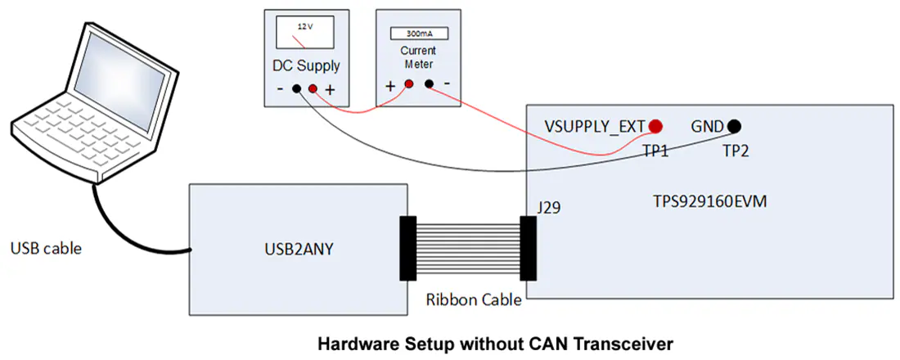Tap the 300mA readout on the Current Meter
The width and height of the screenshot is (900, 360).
click(418, 34)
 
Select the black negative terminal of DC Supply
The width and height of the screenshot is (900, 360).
click(297, 89)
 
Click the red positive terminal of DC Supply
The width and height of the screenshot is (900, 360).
click(313, 89)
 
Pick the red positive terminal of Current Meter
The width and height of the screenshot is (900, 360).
click(409, 84)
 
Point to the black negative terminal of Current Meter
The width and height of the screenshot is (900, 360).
click(428, 84)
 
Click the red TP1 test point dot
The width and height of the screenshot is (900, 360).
click(655, 126)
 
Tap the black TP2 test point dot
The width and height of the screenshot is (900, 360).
click(734, 126)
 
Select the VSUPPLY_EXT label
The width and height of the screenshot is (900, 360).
click(595, 126)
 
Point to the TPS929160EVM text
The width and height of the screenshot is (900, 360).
click(709, 201)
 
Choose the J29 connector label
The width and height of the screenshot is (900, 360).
click(549, 207)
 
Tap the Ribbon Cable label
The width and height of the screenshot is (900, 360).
click(474, 299)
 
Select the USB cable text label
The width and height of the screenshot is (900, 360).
click(46, 249)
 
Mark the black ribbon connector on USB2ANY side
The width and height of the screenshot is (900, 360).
click(407, 248)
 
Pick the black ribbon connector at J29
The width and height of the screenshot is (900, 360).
click(528, 248)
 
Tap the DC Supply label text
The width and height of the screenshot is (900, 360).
click(306, 65)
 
